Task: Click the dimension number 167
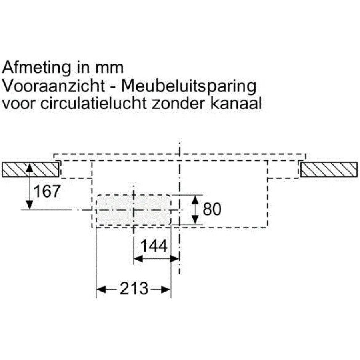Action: tap(47, 191)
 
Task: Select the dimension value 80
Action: tap(212, 209)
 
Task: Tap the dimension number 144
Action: tap(154, 246)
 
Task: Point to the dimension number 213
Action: tap(134, 288)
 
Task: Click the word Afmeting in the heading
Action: tap(36, 68)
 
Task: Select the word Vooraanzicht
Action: tap(54, 86)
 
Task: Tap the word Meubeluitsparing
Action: tap(188, 87)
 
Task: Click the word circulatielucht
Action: tap(94, 104)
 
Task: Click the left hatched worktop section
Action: tap(30, 170)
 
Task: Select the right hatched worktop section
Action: tap(329, 170)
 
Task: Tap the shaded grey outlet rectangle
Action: tap(134, 210)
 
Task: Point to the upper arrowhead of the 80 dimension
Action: tap(195, 200)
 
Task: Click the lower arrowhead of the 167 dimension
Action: tap(30, 205)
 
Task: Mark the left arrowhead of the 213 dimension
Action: tap(101, 290)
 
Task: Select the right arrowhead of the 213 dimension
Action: tap(166, 290)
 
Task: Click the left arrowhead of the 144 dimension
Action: tap(138, 259)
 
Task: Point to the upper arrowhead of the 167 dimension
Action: tap(30, 168)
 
